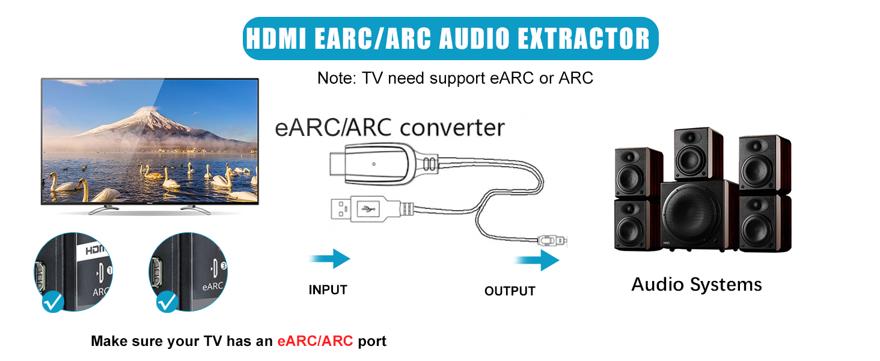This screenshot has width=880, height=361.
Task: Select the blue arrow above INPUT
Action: click(330, 259)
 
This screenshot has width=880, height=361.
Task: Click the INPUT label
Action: click(328, 290)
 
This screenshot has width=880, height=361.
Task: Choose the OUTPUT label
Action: click(510, 292)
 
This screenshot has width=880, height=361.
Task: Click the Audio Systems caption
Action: click(696, 285)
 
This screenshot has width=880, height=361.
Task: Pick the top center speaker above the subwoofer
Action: click(697, 154)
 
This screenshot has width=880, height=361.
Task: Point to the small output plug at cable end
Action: click(553, 241)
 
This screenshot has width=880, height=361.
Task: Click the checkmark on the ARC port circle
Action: click(53, 301)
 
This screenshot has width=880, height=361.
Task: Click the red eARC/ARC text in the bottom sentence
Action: click(315, 342)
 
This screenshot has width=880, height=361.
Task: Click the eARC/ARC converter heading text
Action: click(390, 128)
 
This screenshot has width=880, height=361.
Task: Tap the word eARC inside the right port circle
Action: click(213, 286)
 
